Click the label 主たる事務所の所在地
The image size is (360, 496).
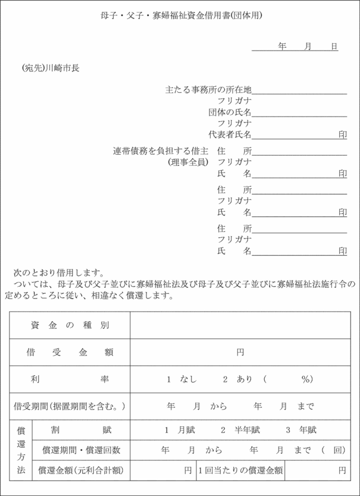tap(208, 90)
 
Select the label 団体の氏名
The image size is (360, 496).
tap(230, 112)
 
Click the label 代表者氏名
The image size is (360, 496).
tap(230, 134)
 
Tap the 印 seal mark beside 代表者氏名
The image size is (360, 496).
tap(343, 135)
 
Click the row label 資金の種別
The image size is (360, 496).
tap(70, 325)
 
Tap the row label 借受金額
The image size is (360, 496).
tap(70, 352)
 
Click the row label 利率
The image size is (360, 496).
tap(70, 379)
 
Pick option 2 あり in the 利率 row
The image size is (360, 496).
tap(237, 379)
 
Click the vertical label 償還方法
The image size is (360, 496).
tap(21, 450)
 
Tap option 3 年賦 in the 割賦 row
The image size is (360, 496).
tap(300, 430)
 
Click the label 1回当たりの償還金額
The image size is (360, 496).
tap(240, 470)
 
